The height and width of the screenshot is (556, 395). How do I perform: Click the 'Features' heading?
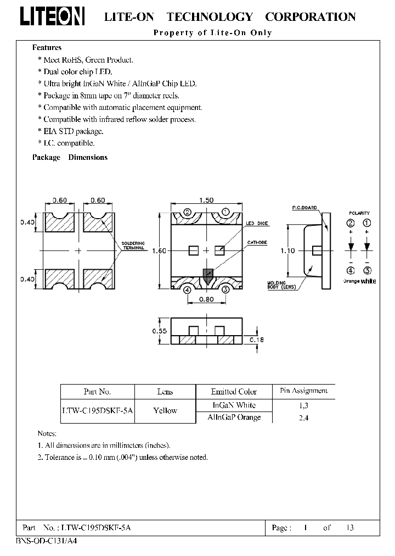pos(47,48)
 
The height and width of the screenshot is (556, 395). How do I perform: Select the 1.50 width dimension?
pos(206,201)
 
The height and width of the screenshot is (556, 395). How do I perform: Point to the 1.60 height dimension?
pos(159,251)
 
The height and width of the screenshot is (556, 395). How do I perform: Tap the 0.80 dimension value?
pos(206,299)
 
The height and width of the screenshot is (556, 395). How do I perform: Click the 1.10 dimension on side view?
pos(287,251)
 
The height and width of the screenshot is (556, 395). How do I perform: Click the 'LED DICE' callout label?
pos(257,224)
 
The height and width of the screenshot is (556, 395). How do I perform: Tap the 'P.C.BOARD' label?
pos(303,208)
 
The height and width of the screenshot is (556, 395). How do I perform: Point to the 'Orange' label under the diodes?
pos(351,281)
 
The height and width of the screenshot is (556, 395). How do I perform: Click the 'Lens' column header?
pos(165,392)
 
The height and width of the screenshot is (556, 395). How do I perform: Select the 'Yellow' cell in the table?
pos(165,410)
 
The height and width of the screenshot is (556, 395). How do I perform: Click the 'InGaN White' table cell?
pos(234,405)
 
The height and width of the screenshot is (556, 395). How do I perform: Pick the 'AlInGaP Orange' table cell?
pos(234,417)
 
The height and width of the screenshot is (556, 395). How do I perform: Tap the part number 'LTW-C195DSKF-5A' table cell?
pos(97,410)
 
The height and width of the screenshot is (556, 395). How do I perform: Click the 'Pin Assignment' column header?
pos(303,391)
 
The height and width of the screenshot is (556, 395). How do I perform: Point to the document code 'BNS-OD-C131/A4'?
pos(36,541)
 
